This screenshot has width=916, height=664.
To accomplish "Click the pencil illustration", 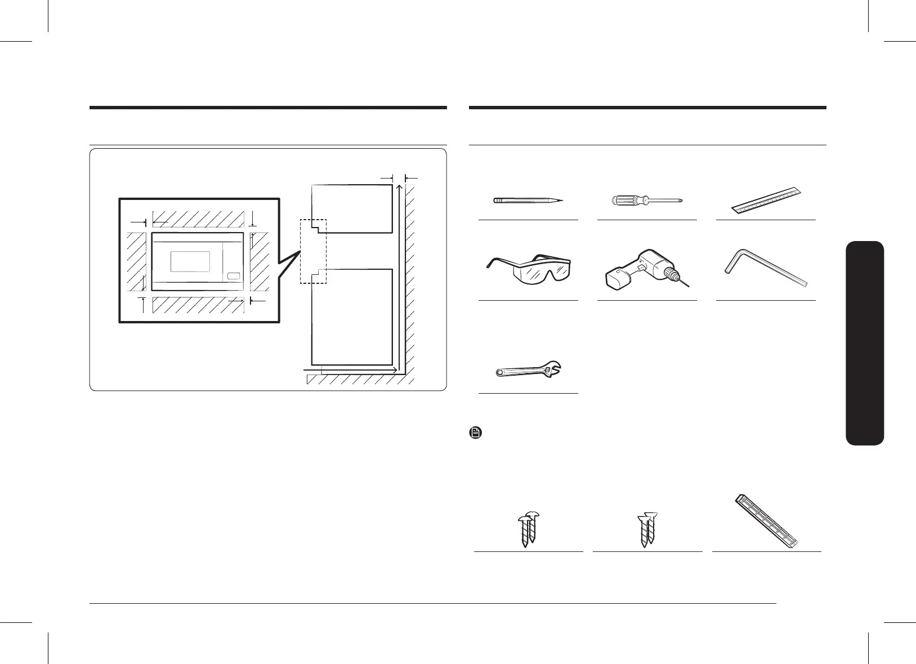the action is [528, 200].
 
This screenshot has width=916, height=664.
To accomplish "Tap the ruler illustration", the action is [766, 200].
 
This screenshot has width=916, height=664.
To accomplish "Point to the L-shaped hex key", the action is [766, 273].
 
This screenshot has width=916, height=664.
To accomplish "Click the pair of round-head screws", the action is [528, 529].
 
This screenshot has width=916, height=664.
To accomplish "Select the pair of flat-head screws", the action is [647, 529].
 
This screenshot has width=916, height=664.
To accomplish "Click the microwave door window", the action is [190, 261].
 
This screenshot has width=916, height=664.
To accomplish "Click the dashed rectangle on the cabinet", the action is [313, 251].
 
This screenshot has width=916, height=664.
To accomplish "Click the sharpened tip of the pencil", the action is [561, 200].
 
